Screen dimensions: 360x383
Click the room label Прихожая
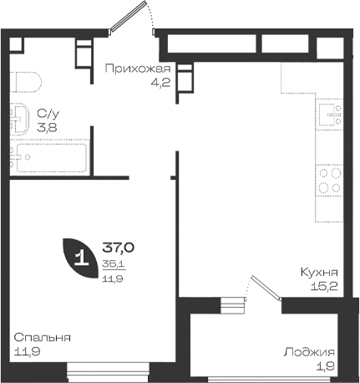(138, 69)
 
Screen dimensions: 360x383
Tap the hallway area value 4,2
(160, 82)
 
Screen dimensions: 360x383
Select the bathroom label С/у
(48, 114)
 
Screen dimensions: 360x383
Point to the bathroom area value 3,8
(47, 127)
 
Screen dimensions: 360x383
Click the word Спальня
(43, 338)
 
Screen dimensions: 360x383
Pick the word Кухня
(319, 272)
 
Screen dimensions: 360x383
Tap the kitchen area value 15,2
(324, 286)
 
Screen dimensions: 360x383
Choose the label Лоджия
(309, 352)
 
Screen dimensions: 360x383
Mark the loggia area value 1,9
(326, 366)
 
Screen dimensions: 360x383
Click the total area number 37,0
(119, 248)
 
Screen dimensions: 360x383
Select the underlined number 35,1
(114, 263)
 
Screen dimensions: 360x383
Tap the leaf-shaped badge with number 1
(80, 258)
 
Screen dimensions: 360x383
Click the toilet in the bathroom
(26, 82)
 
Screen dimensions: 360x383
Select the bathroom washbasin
(19, 120)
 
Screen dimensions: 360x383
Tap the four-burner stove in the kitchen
(329, 181)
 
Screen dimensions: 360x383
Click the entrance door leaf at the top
(128, 16)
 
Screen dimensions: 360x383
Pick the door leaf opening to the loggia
(266, 289)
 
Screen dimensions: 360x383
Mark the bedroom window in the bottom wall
(109, 372)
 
